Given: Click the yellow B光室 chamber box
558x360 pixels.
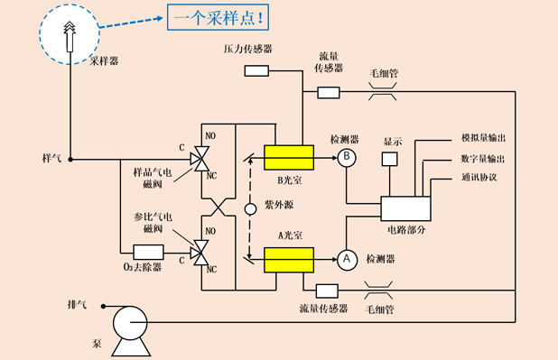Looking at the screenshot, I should (x=287, y=157).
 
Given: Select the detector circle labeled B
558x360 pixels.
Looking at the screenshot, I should (x=348, y=157).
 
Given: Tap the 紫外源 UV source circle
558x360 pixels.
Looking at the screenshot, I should (x=250, y=210).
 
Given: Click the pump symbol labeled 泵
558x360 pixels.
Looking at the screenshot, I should (x=127, y=318).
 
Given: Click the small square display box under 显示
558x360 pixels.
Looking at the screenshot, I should (x=390, y=160).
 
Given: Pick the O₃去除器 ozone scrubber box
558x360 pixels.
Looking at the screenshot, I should (x=148, y=252).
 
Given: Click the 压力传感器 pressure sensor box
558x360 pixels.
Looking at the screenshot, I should (x=256, y=70).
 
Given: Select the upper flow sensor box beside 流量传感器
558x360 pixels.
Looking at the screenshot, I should (x=328, y=91).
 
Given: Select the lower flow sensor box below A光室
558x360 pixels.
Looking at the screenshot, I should (x=327, y=291).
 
